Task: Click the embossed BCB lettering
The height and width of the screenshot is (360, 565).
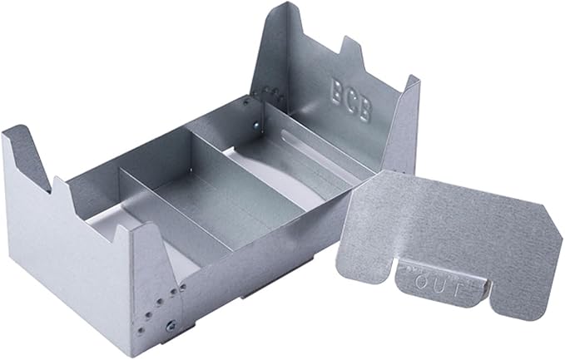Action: (x=350, y=100)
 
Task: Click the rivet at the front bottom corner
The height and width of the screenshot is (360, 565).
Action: (x=171, y=327)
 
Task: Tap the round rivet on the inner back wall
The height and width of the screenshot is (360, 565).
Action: (x=255, y=126)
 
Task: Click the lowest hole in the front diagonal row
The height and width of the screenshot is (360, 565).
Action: (x=141, y=330)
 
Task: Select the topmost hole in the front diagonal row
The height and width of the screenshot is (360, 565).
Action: (x=183, y=287)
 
